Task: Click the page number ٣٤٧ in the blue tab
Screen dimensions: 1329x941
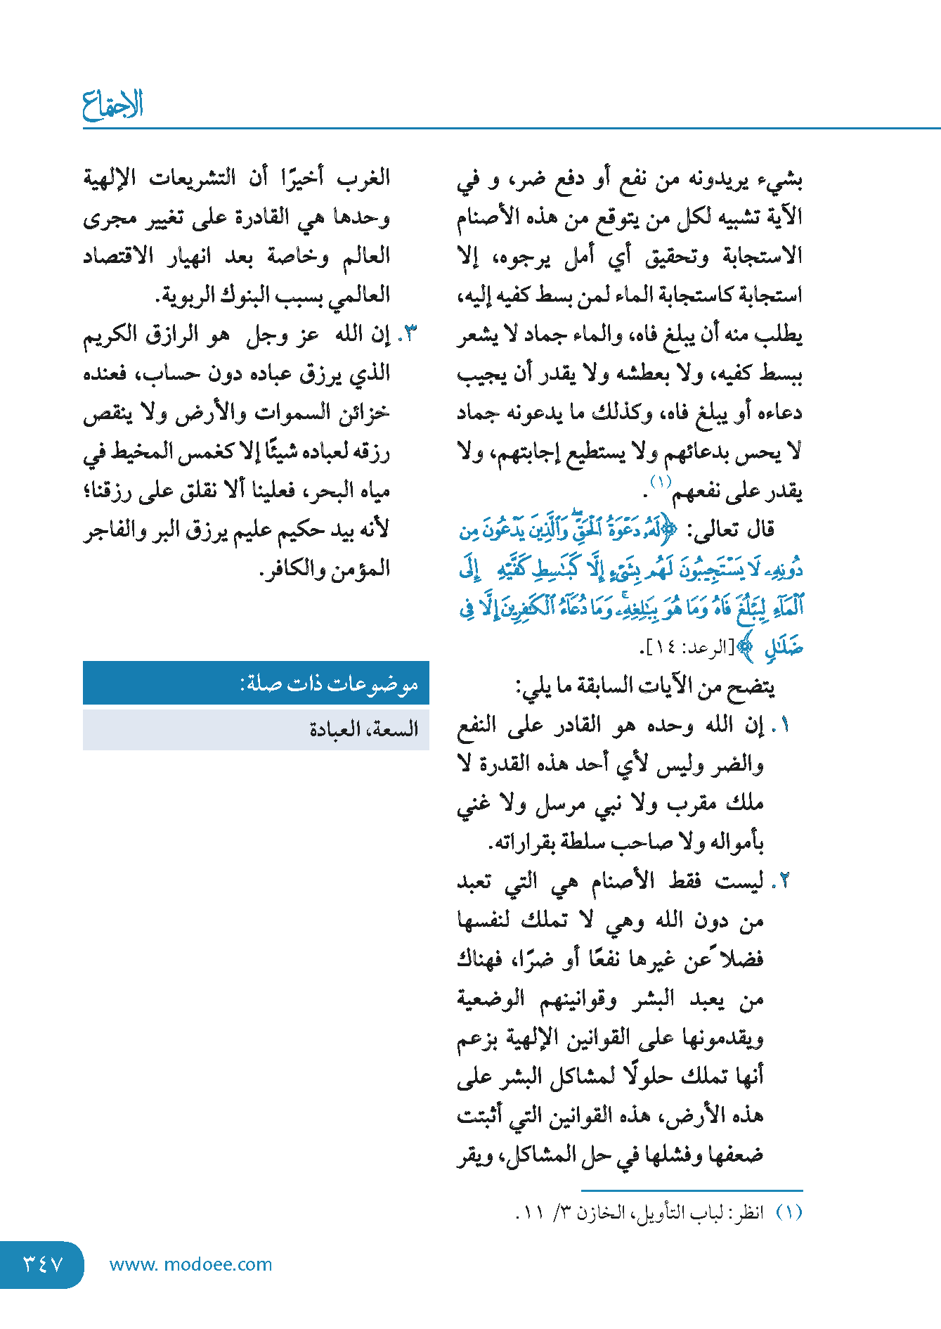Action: [44, 1264]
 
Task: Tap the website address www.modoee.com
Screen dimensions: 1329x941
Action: [190, 1264]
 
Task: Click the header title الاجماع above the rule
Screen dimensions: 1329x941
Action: [112, 105]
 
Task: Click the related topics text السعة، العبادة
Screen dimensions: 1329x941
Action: [363, 729]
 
